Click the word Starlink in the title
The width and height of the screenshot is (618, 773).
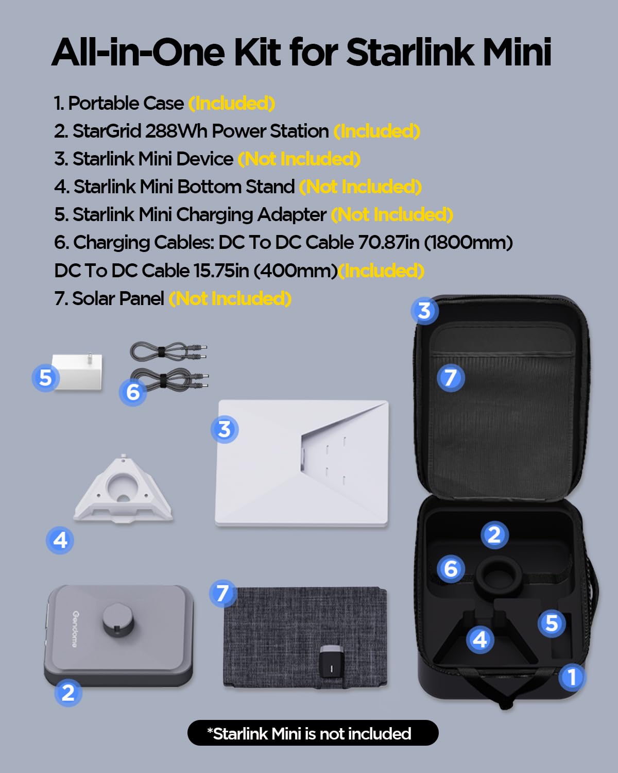coord(409,52)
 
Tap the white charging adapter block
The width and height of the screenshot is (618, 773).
coord(77,372)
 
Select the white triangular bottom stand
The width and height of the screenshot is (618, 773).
coord(123,488)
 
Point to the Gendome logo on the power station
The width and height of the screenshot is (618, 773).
coord(75,629)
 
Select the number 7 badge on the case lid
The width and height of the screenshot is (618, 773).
coord(451,378)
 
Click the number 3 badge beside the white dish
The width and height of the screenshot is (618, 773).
coord(225,429)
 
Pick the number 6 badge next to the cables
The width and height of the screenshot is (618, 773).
coord(133,392)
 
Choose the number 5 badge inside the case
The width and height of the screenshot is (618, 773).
coord(552,623)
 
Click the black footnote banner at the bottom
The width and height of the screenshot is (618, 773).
coord(313,733)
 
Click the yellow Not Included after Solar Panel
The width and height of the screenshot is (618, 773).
coord(230,299)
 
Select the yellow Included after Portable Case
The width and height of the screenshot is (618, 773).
coord(232,104)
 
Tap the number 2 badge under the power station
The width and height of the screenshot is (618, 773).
coord(68,693)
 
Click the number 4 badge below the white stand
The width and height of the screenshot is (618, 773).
coord(60,540)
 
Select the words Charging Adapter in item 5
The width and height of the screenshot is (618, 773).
coord(251,215)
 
